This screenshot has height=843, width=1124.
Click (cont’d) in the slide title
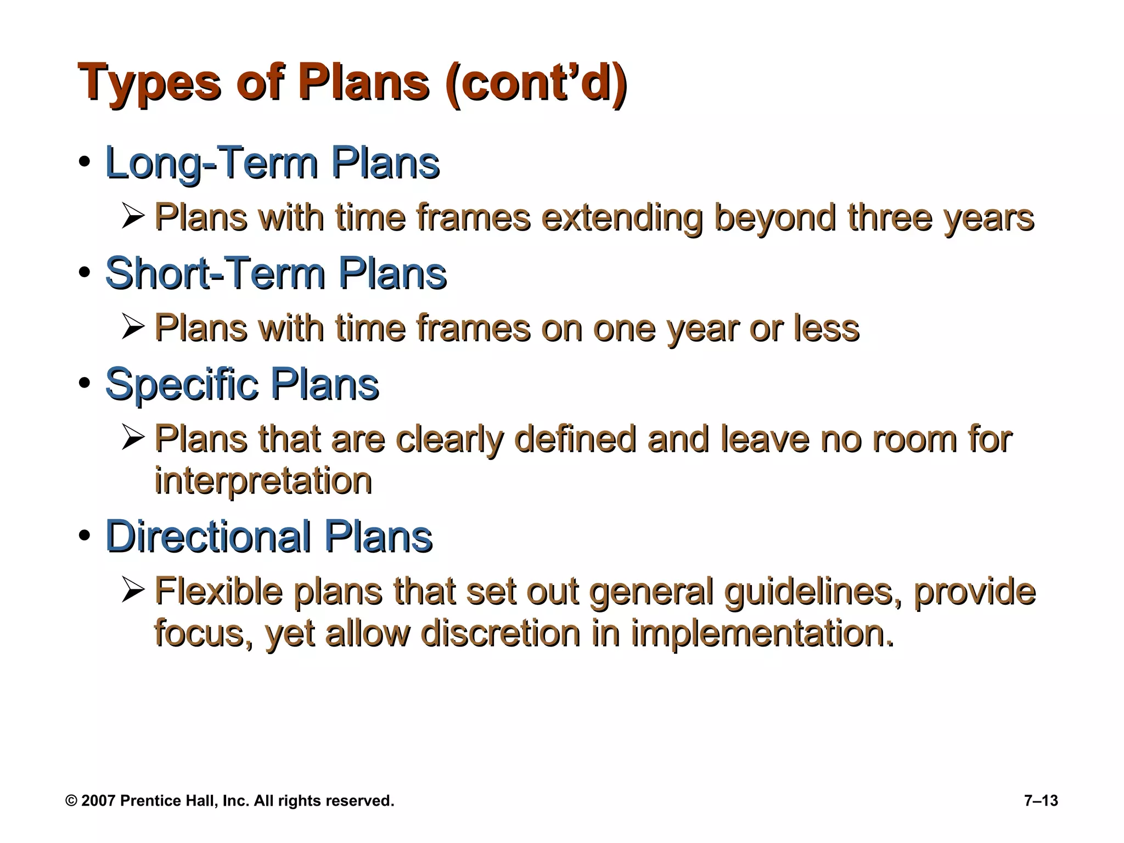pyautogui.click(x=536, y=83)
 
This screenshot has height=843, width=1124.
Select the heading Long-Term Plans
pyautogui.click(x=272, y=163)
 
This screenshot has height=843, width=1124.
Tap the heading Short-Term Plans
pyautogui.click(x=276, y=273)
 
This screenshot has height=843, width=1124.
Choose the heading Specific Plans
pyautogui.click(x=241, y=384)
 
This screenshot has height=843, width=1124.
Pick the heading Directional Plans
pyautogui.click(x=269, y=536)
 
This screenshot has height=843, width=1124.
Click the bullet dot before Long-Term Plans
pyautogui.click(x=84, y=162)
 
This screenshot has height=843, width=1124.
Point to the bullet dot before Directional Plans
pyautogui.click(x=84, y=536)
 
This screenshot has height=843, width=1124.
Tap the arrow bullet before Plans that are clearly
pyautogui.click(x=133, y=439)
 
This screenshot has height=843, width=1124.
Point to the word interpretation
pyautogui.click(x=263, y=481)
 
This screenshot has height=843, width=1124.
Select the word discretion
pyautogui.click(x=501, y=633)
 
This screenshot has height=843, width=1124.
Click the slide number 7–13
pyautogui.click(x=1041, y=801)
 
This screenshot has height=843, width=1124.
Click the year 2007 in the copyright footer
pyautogui.click(x=98, y=801)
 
